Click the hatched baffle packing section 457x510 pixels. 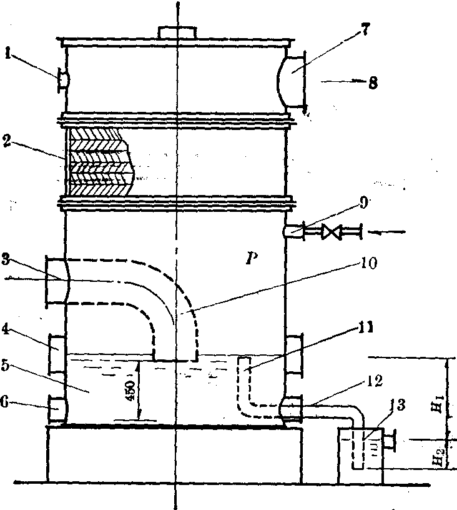coord(100,161)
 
